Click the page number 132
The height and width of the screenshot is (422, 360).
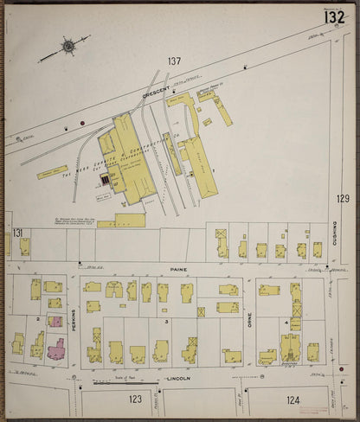335,17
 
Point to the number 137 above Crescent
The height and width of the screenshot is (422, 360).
175,61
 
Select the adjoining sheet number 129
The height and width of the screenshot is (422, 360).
343,199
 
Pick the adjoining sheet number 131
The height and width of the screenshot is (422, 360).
17,233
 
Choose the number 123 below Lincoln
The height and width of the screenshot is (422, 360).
135,400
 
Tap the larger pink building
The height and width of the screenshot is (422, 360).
55,349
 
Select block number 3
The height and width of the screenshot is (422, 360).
166,321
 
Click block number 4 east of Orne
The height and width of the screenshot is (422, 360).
286,321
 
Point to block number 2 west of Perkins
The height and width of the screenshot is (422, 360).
39,319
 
